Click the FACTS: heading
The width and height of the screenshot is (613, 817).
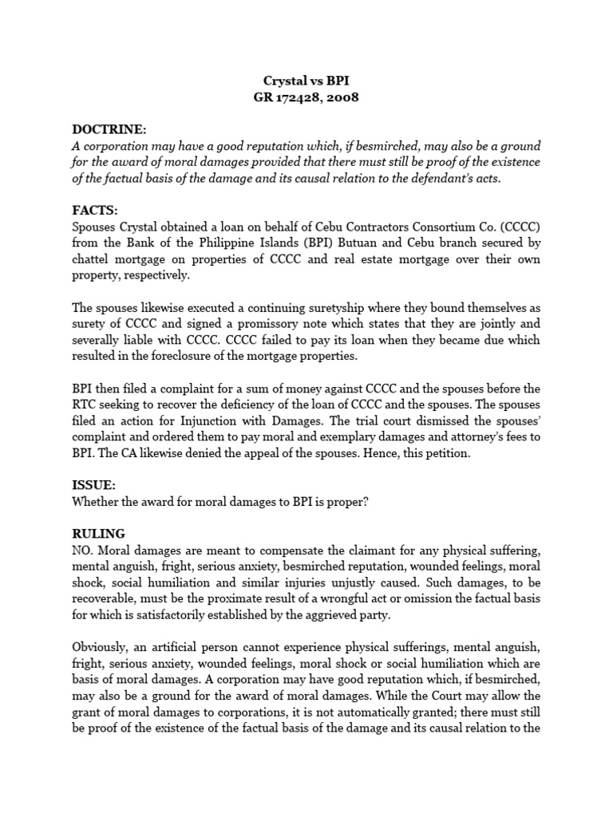pyautogui.click(x=95, y=210)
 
